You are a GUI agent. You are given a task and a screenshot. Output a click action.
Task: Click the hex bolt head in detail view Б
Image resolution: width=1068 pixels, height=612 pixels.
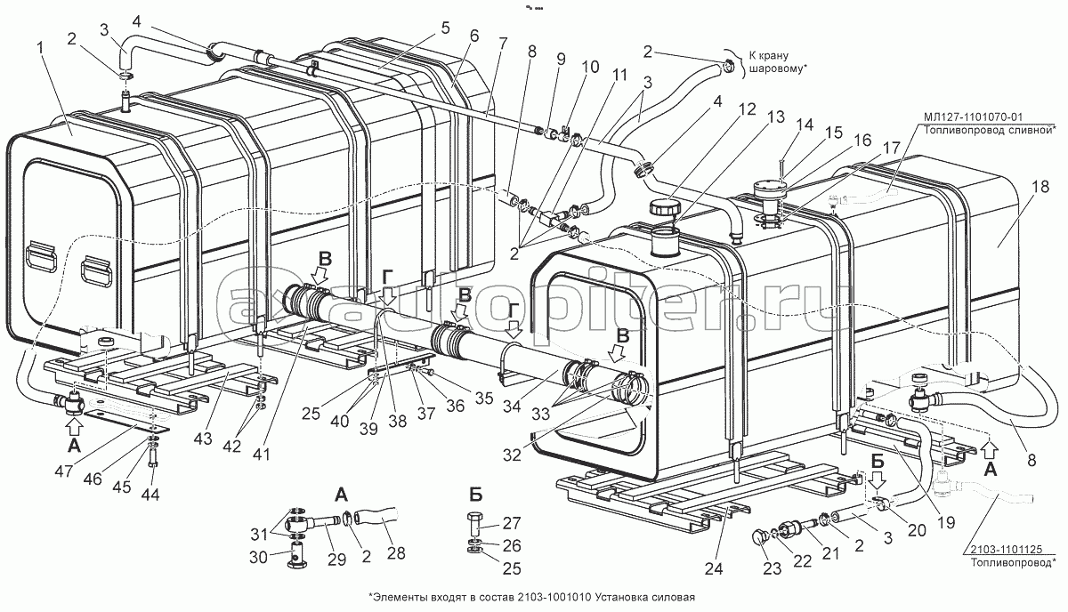click(x=473, y=522)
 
